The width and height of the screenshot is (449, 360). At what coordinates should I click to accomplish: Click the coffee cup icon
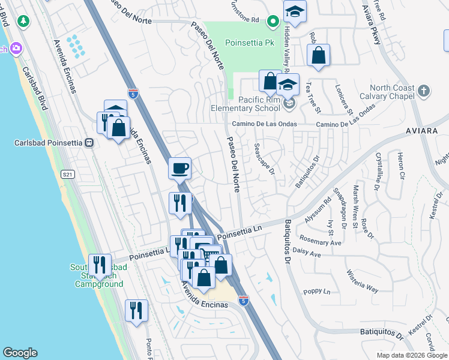pyautogui.click(x=179, y=169)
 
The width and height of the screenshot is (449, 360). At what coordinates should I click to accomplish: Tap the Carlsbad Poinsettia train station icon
pyautogui.click(x=89, y=143)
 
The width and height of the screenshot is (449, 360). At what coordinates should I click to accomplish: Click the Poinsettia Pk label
pyautogui.click(x=250, y=43)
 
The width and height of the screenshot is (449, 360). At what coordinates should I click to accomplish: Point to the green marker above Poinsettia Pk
pyautogui.click(x=273, y=22)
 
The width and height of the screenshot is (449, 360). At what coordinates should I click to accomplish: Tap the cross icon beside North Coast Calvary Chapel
pyautogui.click(x=424, y=91)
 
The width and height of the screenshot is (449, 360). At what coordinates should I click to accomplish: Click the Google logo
pyautogui.click(x=20, y=353)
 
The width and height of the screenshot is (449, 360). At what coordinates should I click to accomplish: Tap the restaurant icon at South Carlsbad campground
pyautogui.click(x=100, y=264)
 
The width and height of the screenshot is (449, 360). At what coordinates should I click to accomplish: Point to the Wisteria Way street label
pyautogui.click(x=362, y=280)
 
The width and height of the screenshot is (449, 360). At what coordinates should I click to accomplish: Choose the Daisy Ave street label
pyautogui.click(x=308, y=253)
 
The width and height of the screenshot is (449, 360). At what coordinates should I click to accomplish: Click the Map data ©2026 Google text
pyautogui.click(x=411, y=355)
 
